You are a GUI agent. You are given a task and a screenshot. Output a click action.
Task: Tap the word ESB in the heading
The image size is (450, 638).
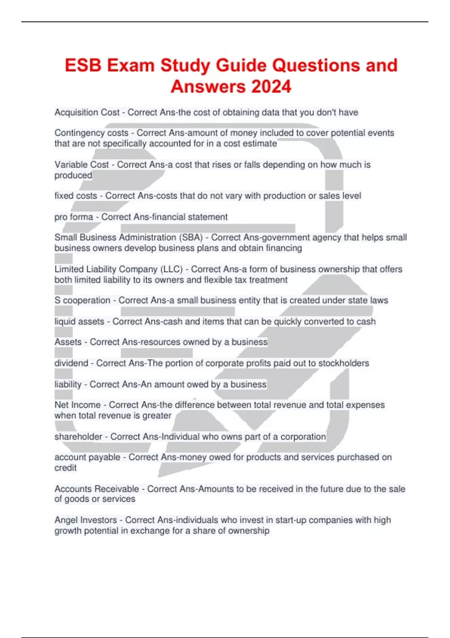pos(83,65)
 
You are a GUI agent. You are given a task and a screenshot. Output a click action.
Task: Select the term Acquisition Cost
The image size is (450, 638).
pos(87,112)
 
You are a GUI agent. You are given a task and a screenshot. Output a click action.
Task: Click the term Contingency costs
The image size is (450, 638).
pos(91,133)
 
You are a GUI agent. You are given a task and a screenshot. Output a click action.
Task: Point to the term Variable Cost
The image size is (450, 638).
pos(81,164)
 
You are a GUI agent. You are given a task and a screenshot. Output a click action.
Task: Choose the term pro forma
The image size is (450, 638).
pos(73,217)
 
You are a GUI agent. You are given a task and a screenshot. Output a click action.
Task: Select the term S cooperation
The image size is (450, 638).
pos(82,300)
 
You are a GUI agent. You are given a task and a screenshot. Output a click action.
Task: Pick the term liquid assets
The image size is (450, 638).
pos(79,321)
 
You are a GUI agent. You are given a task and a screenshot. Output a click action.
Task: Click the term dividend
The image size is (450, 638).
pos(71,363)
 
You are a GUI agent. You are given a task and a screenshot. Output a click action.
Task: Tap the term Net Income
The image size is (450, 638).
pos(77,405)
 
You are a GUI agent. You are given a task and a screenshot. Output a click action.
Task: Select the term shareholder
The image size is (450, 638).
pos(78,436)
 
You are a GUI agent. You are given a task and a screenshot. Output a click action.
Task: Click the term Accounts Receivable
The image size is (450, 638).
pos(96,489)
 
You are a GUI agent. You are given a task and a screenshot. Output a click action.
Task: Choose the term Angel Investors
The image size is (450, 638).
pos(85,520)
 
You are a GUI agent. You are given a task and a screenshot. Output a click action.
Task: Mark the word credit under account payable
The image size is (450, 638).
pos(65,468)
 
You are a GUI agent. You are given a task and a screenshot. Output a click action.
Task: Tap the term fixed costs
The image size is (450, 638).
pos(75,196)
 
